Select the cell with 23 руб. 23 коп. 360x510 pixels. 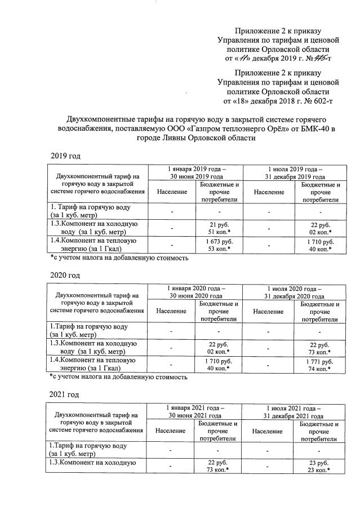(x=319, y=466)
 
